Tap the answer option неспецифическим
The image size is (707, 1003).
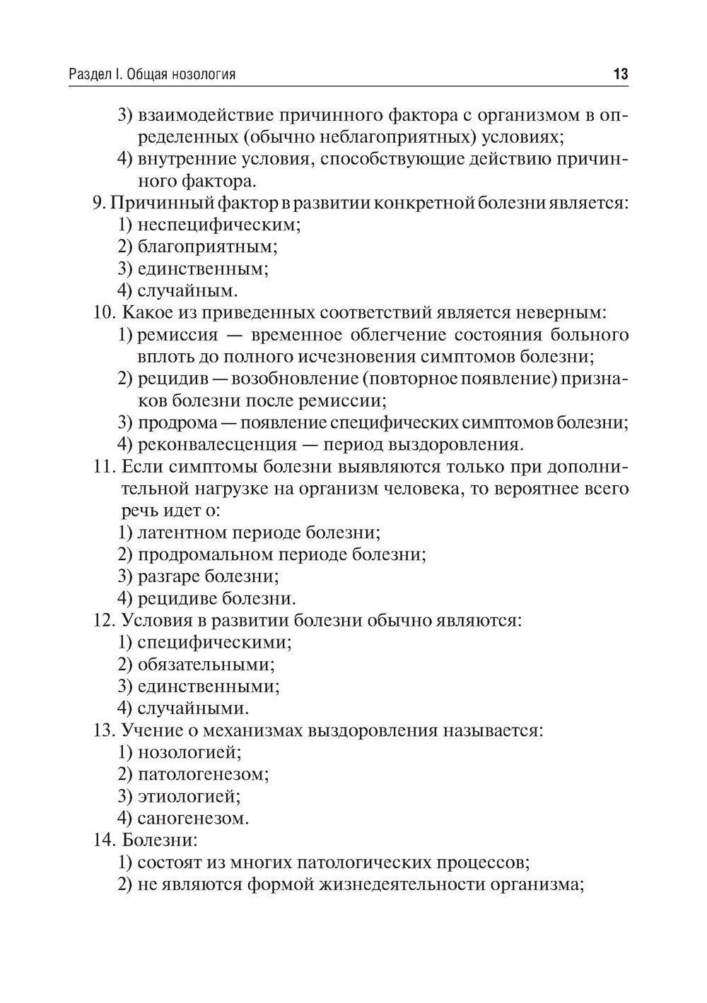218,225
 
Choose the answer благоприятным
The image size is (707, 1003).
207,247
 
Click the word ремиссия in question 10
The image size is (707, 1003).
177,335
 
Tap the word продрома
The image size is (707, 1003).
177,422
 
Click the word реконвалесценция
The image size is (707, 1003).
217,444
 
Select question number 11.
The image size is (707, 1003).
104,467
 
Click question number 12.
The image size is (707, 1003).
104,620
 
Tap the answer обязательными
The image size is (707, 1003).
206,665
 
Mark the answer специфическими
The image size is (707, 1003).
214,643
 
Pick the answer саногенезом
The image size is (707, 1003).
193,819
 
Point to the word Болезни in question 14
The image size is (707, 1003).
159,841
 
